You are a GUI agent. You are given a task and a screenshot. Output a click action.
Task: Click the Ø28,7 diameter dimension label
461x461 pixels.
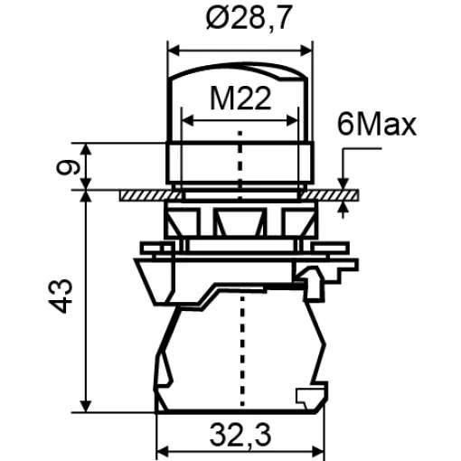[249, 18]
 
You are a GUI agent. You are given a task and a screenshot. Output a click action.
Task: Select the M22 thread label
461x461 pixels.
[240, 99]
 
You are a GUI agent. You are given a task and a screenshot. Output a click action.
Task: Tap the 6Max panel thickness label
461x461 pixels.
[377, 125]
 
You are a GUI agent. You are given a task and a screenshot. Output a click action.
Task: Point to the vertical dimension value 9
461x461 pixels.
[68, 167]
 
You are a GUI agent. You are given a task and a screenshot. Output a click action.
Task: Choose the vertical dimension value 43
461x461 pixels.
[61, 296]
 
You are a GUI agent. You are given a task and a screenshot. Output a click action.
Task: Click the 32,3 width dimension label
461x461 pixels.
[240, 436]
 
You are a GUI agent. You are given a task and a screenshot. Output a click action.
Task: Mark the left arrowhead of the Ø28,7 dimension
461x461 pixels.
[174, 51]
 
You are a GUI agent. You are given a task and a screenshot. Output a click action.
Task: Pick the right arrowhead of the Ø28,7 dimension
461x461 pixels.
[306, 51]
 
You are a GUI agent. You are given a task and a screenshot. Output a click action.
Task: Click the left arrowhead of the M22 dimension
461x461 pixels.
[188, 121]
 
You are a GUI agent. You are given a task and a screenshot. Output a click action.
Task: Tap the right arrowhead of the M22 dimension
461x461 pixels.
[292, 121]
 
